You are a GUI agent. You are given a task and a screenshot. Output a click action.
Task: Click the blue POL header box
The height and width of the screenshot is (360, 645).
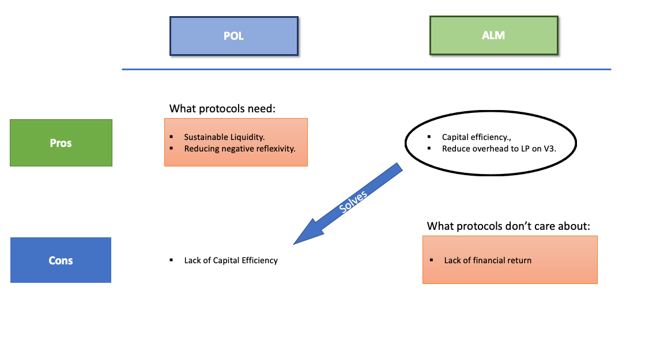tap(233, 36)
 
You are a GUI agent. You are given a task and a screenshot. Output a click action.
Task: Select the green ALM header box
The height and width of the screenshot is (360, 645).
tap(493, 36)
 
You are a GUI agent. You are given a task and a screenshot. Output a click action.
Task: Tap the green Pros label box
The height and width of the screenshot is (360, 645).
tap(61, 143)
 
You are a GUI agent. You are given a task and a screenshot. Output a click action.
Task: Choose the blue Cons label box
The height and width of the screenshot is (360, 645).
tap(61, 260)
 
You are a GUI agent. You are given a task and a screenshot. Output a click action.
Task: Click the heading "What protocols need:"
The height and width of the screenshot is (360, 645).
tap(224, 108)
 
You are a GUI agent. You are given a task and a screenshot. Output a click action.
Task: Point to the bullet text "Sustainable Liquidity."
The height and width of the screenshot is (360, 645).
tap(224, 137)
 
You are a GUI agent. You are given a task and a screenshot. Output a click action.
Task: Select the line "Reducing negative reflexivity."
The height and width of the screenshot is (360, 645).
tap(240, 149)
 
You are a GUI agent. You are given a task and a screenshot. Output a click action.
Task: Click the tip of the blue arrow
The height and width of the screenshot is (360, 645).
tap(295, 243)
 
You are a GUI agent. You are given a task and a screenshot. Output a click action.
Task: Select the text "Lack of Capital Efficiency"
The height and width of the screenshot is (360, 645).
tap(231, 260)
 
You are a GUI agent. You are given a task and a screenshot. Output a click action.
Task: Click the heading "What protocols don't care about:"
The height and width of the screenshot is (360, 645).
tap(508, 226)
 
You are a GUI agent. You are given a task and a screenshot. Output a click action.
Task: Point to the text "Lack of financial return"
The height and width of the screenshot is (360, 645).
tap(488, 260)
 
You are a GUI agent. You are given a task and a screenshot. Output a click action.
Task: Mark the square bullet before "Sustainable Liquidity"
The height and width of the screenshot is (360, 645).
tap(172, 137)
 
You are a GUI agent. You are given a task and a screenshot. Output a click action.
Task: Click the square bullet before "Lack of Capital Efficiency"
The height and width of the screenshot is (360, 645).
tap(172, 260)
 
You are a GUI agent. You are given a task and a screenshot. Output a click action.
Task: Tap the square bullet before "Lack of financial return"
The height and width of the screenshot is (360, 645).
tap(431, 260)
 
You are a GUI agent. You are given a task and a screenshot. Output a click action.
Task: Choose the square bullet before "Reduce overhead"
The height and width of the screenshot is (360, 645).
tap(429, 149)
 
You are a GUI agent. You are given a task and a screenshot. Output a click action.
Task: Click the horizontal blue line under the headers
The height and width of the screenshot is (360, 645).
tap(366, 70)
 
